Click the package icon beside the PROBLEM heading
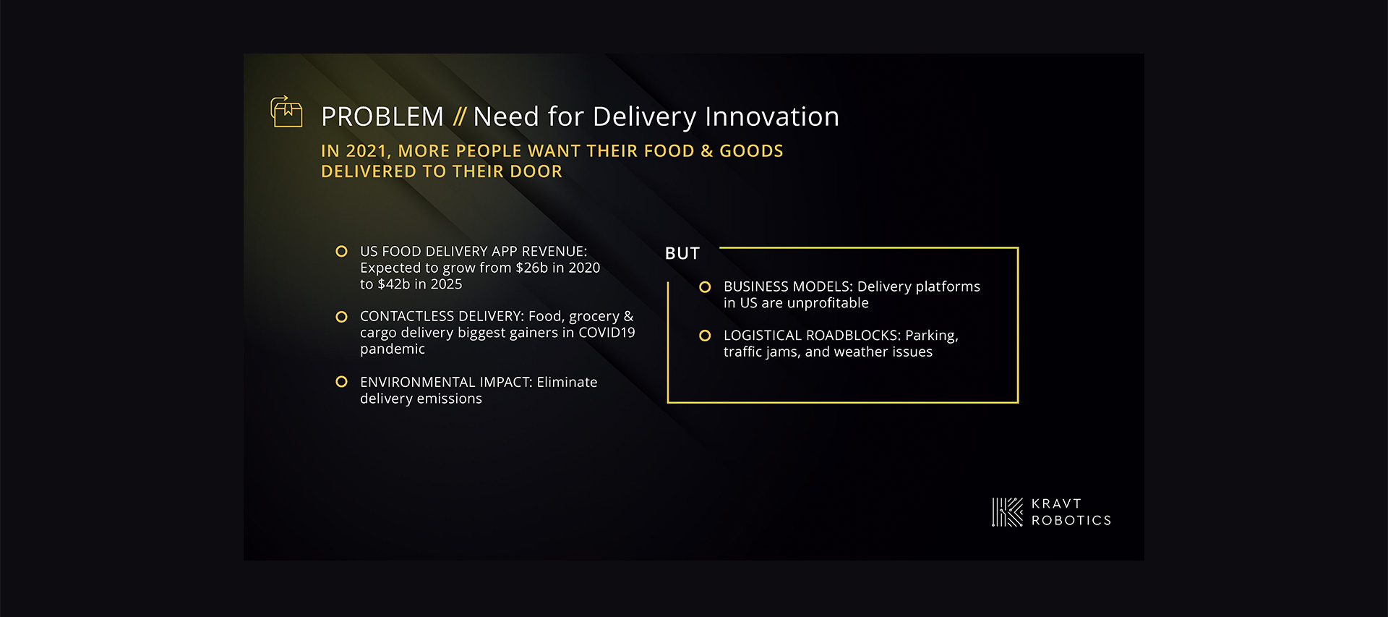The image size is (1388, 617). [286, 111]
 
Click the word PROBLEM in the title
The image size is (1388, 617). [382, 116]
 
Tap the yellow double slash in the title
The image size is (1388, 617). [460, 116]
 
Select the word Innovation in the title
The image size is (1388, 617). [772, 116]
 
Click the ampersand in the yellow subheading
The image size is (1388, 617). [706, 151]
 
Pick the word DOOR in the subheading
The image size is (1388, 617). [536, 171]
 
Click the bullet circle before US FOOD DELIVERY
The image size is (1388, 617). [341, 251]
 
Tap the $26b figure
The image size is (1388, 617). [531, 268]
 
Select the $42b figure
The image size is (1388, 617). [394, 284]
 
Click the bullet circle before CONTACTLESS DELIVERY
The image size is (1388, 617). [341, 317]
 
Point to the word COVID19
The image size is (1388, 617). [607, 333]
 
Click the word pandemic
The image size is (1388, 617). [393, 349]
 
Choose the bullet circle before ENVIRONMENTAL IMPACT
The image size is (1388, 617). [341, 382]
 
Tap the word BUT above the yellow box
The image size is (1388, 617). [682, 253]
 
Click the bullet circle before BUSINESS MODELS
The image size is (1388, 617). [705, 287]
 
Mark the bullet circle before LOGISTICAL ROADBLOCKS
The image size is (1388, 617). [705, 336]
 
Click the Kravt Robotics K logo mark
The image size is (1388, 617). [1008, 512]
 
